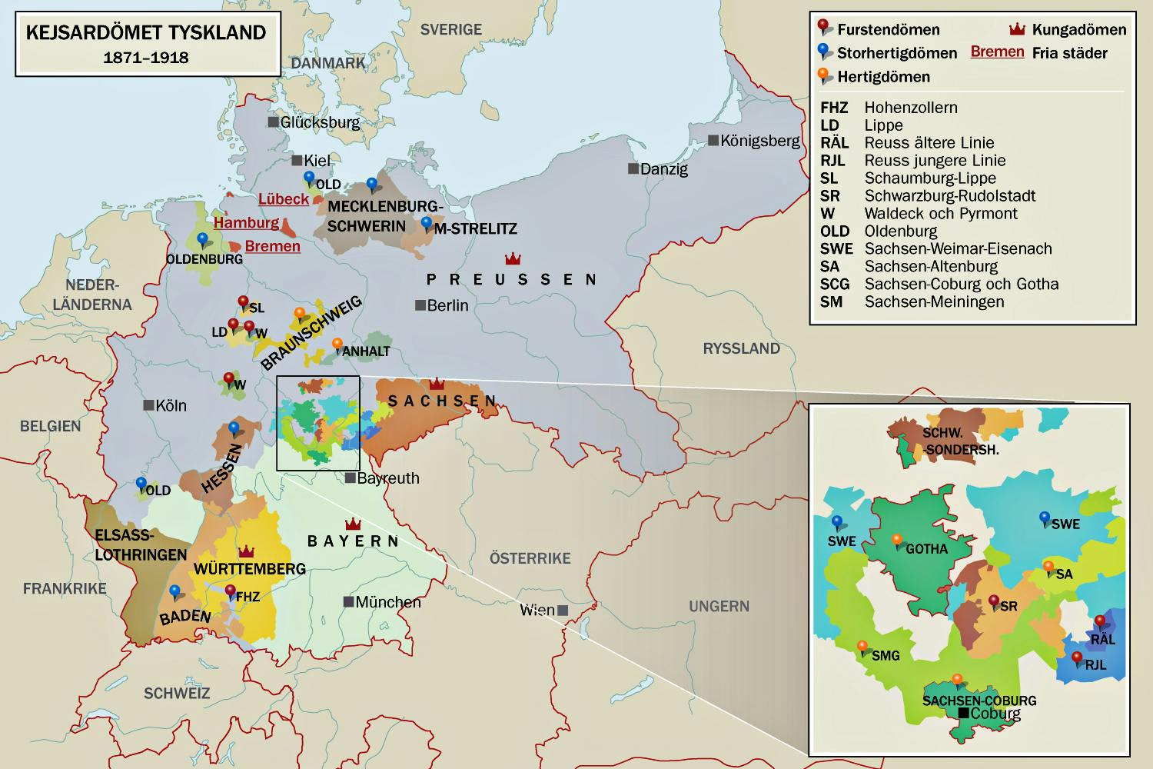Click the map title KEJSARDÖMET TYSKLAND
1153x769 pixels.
(146, 33)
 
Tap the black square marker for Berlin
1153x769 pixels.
(420, 305)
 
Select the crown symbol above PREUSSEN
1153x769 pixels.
(511, 257)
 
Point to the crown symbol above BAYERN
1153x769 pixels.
(353, 524)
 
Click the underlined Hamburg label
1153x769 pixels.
(246, 223)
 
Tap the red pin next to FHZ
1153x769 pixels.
(231, 591)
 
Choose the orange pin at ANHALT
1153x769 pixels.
(337, 344)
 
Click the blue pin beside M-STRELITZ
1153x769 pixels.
(427, 223)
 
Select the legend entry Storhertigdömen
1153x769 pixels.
(896, 53)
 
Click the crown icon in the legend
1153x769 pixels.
(1017, 30)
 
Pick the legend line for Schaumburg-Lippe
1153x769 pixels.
(930, 178)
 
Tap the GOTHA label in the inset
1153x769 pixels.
(926, 549)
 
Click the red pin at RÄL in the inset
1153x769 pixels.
(1099, 621)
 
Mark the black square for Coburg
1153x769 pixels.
(963, 714)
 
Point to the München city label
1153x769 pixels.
(387, 602)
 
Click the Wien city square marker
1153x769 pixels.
(563, 610)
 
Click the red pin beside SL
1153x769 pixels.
(244, 301)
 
